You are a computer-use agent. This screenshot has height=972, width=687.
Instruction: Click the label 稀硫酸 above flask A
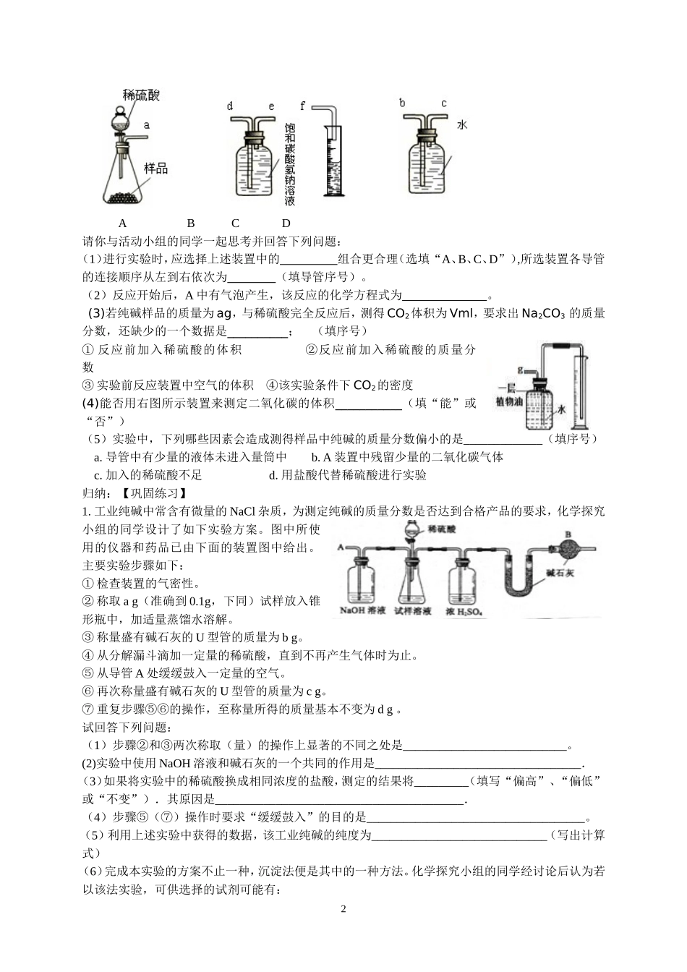click(141, 95)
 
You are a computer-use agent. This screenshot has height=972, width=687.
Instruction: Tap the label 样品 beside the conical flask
click(155, 168)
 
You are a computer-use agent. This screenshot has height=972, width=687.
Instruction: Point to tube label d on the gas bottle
click(229, 107)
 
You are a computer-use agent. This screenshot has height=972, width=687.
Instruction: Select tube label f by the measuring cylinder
click(303, 106)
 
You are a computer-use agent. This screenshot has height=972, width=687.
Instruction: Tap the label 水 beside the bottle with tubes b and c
click(462, 124)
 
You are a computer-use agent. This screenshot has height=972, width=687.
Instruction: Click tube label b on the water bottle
click(402, 103)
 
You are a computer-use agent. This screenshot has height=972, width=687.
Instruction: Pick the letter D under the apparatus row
click(286, 223)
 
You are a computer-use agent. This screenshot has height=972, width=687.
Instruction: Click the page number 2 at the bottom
click(343, 908)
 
